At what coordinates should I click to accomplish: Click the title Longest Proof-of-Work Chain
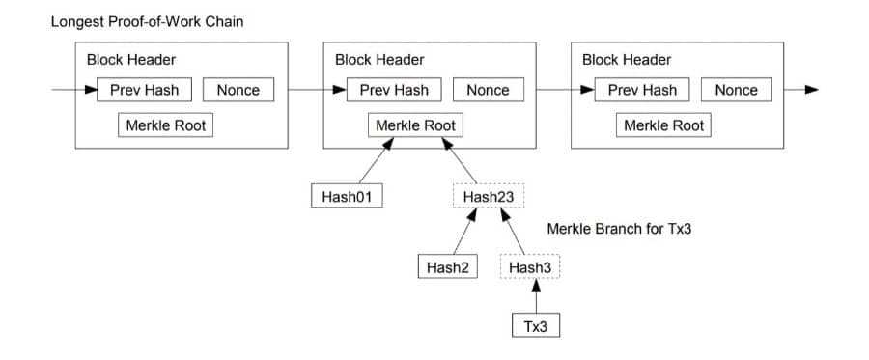tap(147, 21)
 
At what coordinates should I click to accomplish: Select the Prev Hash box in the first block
tap(145, 90)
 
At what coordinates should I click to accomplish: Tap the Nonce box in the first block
tap(238, 90)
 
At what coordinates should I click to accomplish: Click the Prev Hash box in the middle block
tap(394, 90)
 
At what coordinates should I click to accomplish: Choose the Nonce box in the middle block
tap(487, 90)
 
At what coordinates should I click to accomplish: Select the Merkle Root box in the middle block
tap(415, 125)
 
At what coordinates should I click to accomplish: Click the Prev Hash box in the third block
tap(642, 90)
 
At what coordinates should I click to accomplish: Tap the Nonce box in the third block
tap(736, 90)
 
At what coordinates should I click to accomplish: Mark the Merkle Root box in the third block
tap(664, 125)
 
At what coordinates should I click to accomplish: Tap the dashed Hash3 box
tap(530, 266)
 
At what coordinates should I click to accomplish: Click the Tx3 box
tap(535, 326)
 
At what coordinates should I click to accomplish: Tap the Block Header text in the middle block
tap(379, 60)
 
